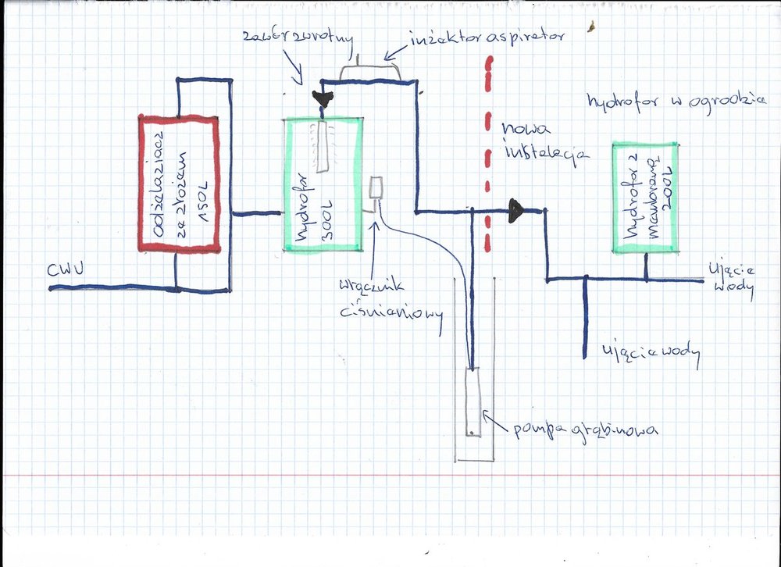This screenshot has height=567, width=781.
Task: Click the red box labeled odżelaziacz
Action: point(178,184)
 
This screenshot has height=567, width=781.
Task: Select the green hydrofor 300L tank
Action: point(323,184)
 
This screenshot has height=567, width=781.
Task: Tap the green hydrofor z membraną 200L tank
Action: point(645,198)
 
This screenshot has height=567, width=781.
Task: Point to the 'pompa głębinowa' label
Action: point(585,429)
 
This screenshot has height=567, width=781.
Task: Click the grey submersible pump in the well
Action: point(473,403)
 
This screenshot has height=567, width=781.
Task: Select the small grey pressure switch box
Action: point(376,188)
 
